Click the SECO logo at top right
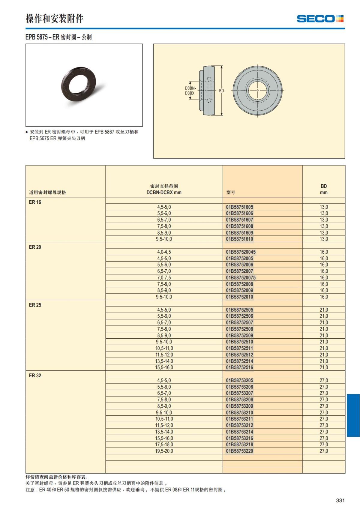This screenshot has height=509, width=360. click(x=320, y=19)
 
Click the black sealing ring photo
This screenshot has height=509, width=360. click(x=79, y=85)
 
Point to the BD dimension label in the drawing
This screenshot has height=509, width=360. click(x=221, y=91)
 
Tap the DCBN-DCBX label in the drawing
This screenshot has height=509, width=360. click(x=190, y=91)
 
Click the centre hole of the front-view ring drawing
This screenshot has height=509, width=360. click(x=257, y=91)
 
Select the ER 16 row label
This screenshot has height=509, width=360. click(x=35, y=202)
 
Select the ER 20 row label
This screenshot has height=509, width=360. click(x=35, y=247)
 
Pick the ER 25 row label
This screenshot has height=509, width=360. click(x=35, y=305)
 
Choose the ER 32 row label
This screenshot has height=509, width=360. click(x=35, y=376)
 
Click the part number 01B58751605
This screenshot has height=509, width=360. click(x=239, y=207)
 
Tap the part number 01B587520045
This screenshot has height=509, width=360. click(x=241, y=252)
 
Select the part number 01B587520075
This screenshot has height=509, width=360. click(x=241, y=278)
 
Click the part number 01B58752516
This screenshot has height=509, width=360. click(x=239, y=367)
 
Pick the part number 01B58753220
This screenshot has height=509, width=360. click(x=239, y=451)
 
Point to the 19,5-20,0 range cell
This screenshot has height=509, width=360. click(x=164, y=451)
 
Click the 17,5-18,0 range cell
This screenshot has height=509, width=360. click(x=164, y=445)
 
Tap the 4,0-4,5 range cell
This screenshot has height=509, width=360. click(x=164, y=252)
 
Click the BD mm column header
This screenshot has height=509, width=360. click(x=324, y=189)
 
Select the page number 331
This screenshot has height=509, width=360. click(x=340, y=500)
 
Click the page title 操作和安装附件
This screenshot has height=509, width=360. click(x=54, y=19)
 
